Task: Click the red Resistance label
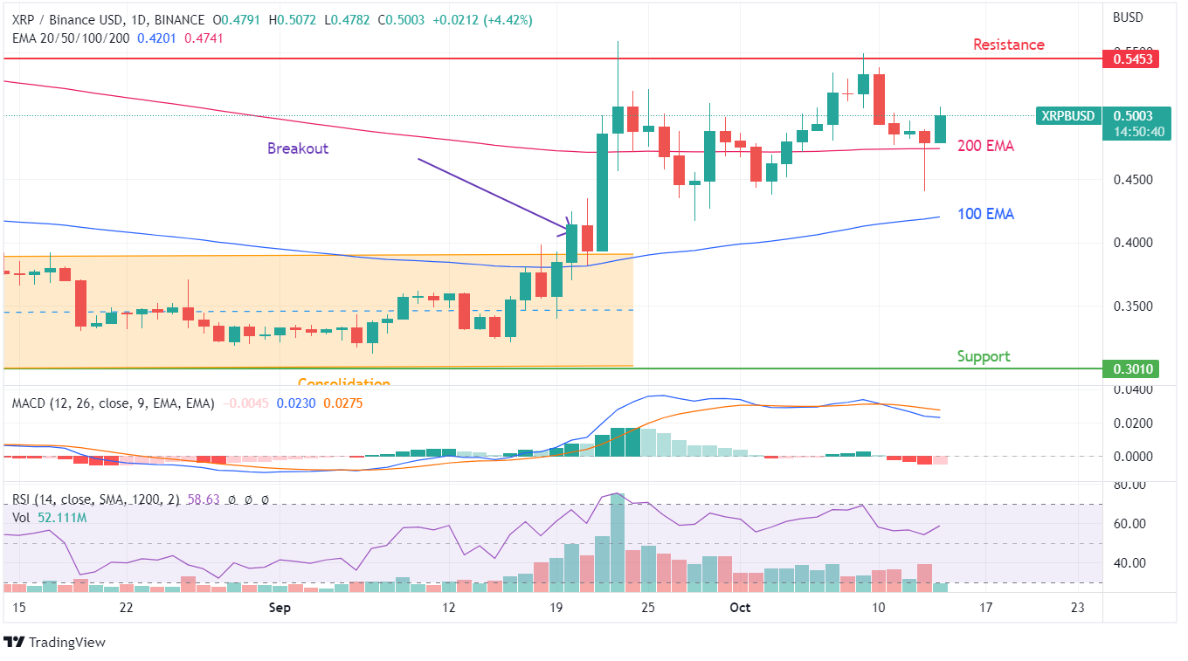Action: point(1008,45)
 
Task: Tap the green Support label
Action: point(983,356)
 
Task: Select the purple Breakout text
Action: point(298,148)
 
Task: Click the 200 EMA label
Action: point(985,147)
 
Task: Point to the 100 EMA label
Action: point(985,214)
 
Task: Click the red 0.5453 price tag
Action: point(1130,59)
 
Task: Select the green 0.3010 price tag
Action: point(1130,369)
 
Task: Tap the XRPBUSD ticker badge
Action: point(1067,116)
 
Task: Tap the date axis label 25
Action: point(647,608)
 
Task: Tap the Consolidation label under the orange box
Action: point(343,382)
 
